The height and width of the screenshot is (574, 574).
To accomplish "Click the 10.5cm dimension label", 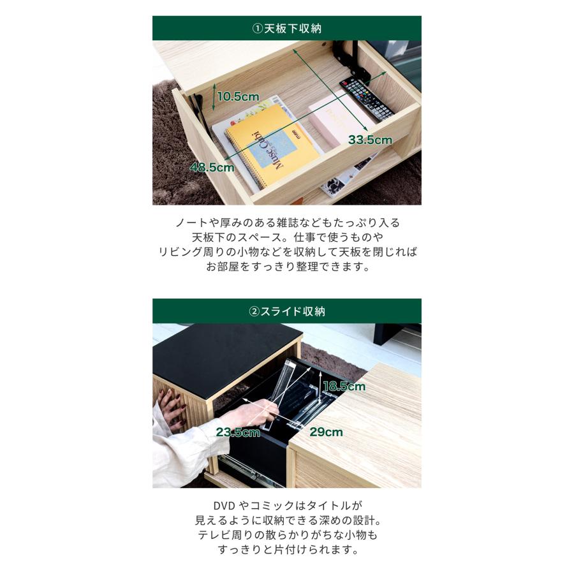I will tap(238, 97).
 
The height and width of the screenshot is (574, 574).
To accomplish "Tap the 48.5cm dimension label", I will tap(212, 168).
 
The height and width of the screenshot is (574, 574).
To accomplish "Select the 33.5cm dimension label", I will tap(370, 140).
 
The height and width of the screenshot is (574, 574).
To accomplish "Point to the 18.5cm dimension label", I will tap(344, 386).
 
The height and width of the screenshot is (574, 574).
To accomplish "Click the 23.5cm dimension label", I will tap(238, 432).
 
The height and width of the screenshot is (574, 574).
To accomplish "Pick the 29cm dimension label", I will tap(326, 432).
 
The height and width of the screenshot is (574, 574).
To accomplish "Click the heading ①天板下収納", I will tap(286, 28).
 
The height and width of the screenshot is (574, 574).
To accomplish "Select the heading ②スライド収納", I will tap(286, 311).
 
